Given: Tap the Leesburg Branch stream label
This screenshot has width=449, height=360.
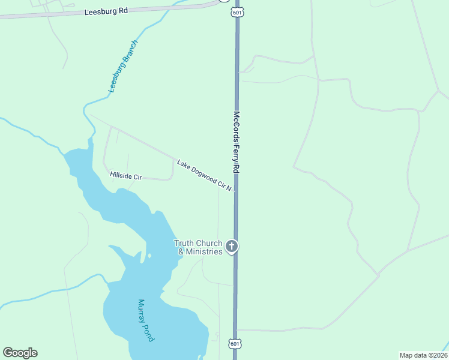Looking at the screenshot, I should (x=123, y=66).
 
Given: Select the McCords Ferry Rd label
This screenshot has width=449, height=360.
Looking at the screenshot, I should (x=237, y=143).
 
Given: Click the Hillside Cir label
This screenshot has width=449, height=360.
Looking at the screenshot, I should (x=125, y=175).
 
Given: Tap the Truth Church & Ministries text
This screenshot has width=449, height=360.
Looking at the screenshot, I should (x=198, y=247).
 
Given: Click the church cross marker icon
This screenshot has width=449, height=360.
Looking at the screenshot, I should (x=232, y=246).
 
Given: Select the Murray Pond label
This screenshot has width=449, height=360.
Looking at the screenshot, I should (x=146, y=320).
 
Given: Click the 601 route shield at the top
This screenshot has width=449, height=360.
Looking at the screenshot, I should (x=237, y=11).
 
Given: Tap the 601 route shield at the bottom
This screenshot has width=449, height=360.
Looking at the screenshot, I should (x=235, y=343).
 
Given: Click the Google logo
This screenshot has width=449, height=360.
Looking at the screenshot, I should (x=20, y=353).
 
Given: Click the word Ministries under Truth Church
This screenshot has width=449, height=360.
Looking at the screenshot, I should (x=203, y=251).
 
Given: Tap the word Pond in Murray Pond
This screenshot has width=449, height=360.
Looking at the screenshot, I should (x=149, y=333).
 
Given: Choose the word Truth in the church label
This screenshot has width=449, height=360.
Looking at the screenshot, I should (x=184, y=243).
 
